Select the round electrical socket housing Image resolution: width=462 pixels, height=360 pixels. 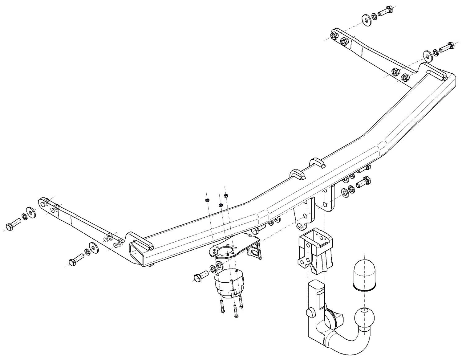coord(229,282)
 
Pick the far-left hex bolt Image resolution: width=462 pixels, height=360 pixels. coord(12,225)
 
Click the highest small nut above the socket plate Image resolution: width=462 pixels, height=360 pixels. coord(226,195)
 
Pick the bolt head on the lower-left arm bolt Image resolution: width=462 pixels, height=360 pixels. coord(72,262)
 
